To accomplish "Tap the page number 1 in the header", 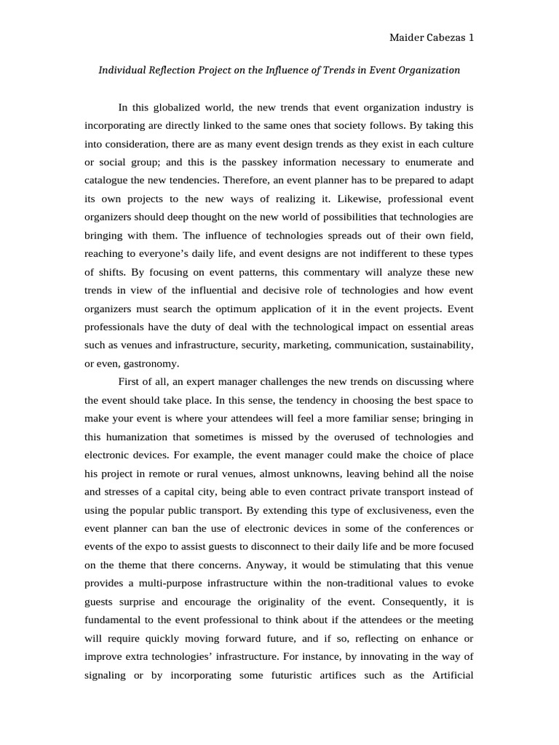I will click(472, 38).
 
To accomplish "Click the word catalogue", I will click(107, 180).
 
